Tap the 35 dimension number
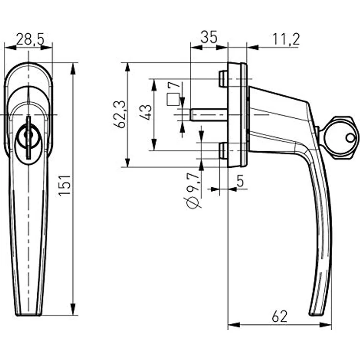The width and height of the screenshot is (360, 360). (208, 38)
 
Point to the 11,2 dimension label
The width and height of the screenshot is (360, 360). (286, 39)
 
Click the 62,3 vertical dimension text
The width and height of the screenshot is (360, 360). (120, 114)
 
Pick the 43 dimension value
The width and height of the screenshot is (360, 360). (145, 113)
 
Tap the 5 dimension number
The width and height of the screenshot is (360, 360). (240, 181)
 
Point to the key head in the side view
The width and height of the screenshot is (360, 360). (339, 137)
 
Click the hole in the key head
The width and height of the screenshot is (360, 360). (350, 138)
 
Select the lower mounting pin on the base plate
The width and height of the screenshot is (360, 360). (223, 151)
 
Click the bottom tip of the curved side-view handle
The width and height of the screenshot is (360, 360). (315, 313)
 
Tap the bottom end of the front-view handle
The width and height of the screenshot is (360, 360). (28, 313)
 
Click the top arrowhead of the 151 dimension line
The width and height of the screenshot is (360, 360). (73, 67)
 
